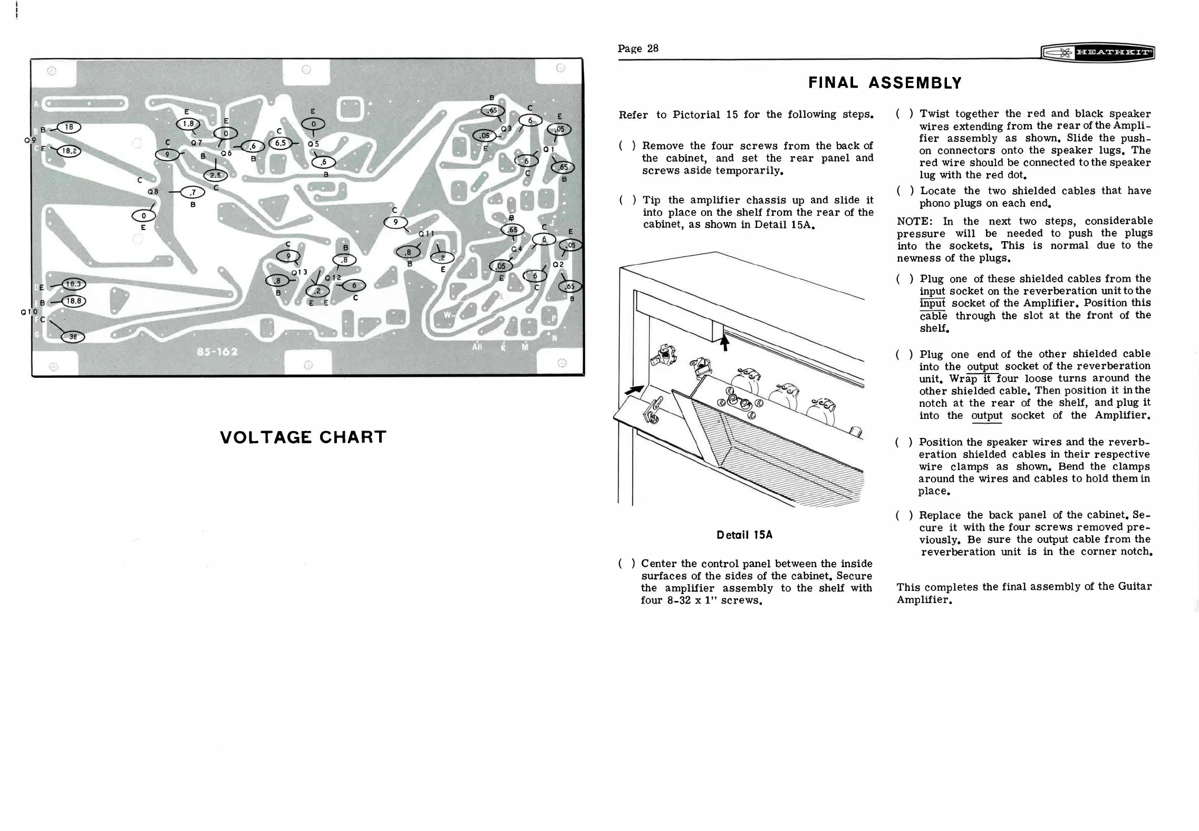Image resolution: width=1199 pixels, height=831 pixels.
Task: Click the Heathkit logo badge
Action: [1098, 53]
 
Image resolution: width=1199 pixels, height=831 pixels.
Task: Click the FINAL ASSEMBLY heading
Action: [885, 83]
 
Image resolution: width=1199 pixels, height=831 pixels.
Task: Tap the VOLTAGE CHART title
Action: [303, 437]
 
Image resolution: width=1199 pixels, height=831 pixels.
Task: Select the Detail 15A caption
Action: [744, 534]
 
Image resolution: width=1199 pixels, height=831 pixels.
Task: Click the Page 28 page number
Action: [638, 49]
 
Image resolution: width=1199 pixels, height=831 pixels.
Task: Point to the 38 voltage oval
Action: [73, 337]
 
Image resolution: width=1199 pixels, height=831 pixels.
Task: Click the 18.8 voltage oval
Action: [73, 301]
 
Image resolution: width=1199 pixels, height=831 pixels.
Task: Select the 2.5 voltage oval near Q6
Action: [215, 175]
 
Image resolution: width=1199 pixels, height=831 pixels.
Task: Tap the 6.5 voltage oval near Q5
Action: [280, 143]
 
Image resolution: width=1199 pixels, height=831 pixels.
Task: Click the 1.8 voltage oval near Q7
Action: [188, 124]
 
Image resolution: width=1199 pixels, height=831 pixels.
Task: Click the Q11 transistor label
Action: [426, 234]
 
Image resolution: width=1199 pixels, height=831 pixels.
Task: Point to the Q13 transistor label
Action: [299, 272]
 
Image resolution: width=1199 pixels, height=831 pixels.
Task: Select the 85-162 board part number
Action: [217, 352]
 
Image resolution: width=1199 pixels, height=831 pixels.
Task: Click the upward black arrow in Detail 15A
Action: [724, 343]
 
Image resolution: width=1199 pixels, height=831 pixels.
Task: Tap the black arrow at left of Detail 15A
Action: [634, 390]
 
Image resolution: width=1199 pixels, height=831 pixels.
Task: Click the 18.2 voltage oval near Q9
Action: [69, 151]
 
